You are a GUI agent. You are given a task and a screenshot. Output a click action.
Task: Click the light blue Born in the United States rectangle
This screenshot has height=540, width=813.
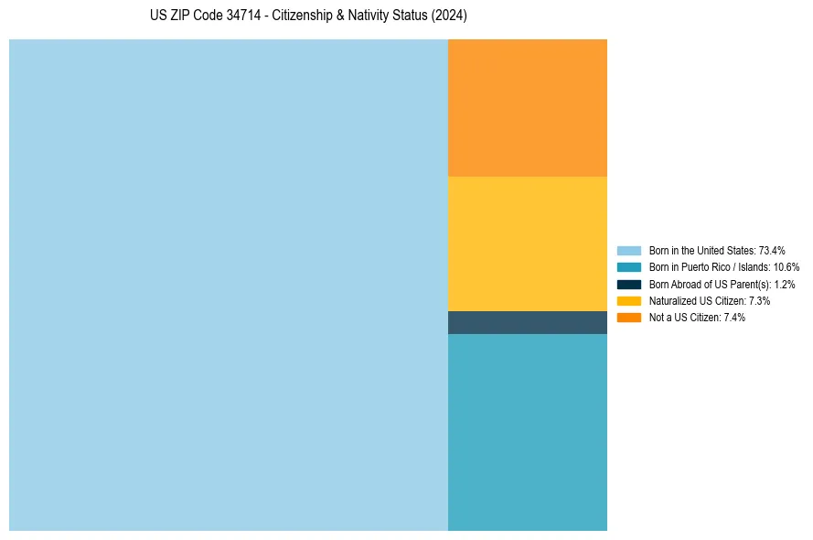[x=229, y=285]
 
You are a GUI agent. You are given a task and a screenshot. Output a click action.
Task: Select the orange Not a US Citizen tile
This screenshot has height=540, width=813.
[x=528, y=107]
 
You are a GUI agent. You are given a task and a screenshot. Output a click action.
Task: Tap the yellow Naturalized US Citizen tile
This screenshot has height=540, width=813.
[x=528, y=243]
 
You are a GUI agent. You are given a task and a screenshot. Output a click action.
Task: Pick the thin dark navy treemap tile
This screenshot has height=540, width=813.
[x=528, y=322]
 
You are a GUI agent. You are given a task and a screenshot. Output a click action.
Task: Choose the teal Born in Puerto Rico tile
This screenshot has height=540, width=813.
[x=528, y=432]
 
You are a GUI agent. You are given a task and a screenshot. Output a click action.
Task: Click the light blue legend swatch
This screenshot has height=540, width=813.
[x=629, y=251]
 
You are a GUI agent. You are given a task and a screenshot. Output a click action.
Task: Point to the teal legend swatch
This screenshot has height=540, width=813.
[x=629, y=267]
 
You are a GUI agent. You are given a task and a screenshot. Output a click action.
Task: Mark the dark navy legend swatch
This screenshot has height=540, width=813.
[x=629, y=285]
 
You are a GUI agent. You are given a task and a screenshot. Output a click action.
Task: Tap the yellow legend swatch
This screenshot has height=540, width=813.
[x=629, y=301]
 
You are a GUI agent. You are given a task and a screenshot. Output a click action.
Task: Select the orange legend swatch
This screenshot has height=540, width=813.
[x=629, y=318]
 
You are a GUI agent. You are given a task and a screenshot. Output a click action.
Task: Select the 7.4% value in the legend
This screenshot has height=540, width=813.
[x=734, y=318]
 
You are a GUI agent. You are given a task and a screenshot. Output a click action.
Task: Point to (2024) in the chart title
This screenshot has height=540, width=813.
[x=449, y=16]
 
